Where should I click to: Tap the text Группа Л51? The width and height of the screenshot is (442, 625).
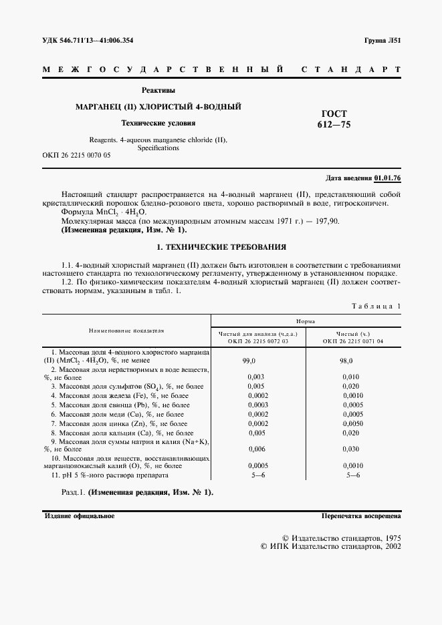pos(382,40)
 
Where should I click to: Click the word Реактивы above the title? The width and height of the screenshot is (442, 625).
pos(158,90)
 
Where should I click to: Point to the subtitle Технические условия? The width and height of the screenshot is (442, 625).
pos(158,123)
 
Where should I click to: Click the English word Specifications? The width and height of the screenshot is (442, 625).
pos(158,148)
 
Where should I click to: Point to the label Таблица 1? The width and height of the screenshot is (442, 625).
pos(376,305)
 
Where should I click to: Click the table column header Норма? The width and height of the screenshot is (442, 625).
pos(306,321)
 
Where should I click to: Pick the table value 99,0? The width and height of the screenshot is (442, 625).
pos(250,360)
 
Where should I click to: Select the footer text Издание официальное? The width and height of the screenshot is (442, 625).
pos(80,516)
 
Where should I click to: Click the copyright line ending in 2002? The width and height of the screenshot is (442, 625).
pos(330,546)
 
